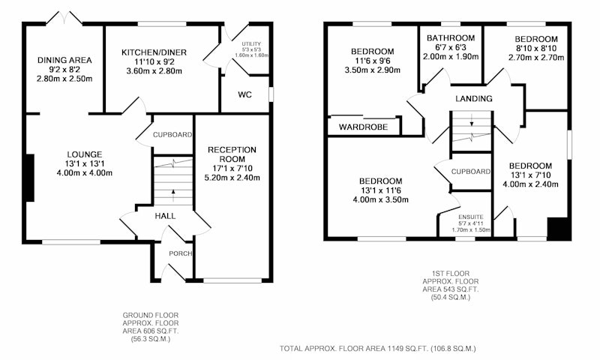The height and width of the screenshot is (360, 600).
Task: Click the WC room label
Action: tap(245, 94)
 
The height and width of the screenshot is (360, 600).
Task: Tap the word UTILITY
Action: tap(251, 44)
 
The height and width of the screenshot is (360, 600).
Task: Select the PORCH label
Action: tap(181, 253)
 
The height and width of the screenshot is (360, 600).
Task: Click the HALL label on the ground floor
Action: tap(165, 216)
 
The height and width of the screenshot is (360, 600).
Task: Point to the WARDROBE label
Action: tap(364, 127)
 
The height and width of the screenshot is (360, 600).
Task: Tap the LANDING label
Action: tap(474, 99)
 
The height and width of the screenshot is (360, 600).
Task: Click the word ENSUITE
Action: tap(471, 217)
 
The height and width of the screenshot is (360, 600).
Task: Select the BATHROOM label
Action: tap(451, 37)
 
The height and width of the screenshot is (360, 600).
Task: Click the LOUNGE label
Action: tap(85, 154)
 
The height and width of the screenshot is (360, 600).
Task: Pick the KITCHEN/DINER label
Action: tap(154, 52)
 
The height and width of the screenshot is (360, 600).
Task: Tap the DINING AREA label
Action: tap(64, 60)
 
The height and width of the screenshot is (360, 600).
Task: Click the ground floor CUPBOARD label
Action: tap(172, 135)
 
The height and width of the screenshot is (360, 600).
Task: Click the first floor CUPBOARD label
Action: tap(471, 172)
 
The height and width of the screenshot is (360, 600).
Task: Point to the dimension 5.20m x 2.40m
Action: tap(232, 178)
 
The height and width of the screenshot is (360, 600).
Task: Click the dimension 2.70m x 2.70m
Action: tap(536, 58)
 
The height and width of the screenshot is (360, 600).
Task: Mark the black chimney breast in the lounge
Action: tap(30, 178)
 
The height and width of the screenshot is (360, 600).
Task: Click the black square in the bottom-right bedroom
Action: tap(559, 229)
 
